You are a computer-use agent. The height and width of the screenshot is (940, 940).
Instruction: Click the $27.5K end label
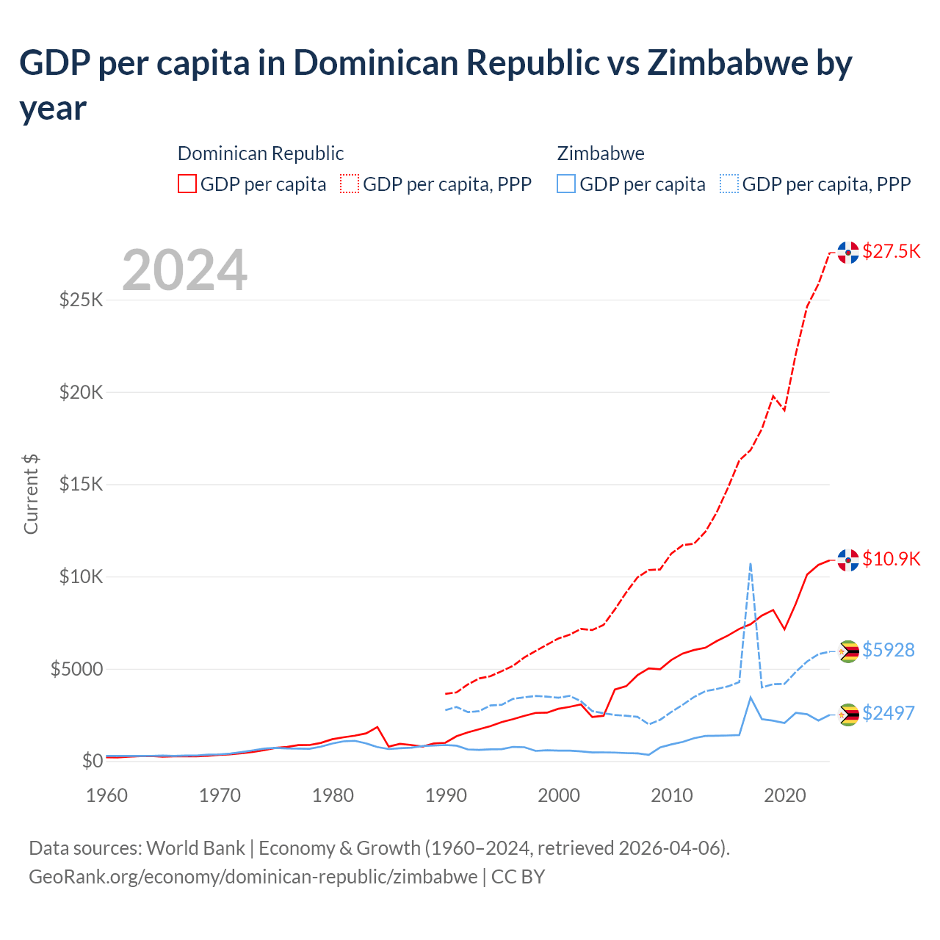point(891,251)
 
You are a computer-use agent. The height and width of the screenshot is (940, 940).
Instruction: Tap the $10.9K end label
point(891,559)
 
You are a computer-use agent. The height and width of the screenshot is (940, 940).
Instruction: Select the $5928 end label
point(888,650)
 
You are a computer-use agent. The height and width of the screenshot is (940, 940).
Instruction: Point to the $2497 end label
point(888,713)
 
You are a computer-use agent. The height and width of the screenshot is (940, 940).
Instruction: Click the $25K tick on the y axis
point(81,300)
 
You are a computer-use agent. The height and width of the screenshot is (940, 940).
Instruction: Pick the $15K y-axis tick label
point(81,485)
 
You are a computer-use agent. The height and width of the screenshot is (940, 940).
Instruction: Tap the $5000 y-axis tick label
point(76,669)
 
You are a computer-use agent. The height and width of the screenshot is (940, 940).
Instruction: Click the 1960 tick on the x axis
point(107,795)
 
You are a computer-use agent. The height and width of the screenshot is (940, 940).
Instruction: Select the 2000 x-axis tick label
point(559,795)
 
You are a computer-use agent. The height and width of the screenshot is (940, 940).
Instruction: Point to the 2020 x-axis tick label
point(785,795)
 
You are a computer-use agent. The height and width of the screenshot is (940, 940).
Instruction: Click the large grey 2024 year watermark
point(184,270)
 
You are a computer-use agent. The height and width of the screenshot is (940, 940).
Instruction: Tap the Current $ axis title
point(31,494)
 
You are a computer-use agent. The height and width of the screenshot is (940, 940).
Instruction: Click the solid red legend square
point(187,184)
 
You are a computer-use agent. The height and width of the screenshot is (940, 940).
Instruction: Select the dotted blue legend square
point(729,184)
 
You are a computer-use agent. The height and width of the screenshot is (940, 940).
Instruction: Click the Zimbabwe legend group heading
point(601,153)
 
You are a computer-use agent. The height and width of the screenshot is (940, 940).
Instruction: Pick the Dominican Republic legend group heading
point(261,153)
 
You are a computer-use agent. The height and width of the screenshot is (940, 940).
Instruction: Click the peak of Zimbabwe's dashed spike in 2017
point(750,564)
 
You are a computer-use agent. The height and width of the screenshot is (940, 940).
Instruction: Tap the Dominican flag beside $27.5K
point(848,252)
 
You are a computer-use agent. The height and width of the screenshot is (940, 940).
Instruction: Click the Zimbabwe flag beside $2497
point(848,714)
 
